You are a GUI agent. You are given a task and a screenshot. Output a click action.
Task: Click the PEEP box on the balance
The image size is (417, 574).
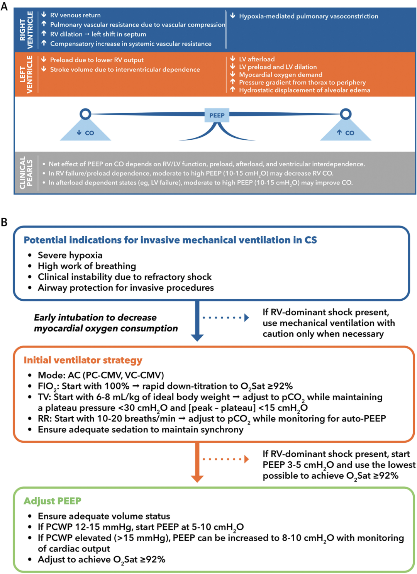(x=217, y=115)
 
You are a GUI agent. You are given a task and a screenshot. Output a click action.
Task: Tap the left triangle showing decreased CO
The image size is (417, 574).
(x=86, y=132)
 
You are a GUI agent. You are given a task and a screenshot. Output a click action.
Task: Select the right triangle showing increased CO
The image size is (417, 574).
(x=346, y=132)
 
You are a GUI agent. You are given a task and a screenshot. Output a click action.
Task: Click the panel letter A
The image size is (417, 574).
(x=4, y=7)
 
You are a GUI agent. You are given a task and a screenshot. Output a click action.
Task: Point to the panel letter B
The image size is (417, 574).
(x=4, y=222)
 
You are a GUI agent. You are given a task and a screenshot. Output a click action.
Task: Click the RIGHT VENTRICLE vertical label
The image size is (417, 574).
(x=26, y=30)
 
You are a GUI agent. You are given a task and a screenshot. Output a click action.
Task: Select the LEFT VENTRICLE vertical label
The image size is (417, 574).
(x=26, y=74)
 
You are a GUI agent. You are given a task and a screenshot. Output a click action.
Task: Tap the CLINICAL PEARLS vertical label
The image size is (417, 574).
(x=26, y=173)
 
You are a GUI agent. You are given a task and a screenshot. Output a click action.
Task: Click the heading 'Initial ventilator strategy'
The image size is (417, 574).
(x=83, y=360)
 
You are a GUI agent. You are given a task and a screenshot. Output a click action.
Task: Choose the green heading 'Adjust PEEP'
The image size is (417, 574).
(x=53, y=501)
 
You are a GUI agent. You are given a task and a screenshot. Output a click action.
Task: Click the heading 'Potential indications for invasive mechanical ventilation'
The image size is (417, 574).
(x=170, y=240)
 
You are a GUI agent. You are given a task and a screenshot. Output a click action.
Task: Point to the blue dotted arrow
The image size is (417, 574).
(x=226, y=318)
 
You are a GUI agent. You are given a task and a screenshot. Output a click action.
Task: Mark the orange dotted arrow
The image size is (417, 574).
(x=226, y=459)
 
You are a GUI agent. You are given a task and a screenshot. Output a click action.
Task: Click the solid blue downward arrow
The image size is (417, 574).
(x=197, y=320)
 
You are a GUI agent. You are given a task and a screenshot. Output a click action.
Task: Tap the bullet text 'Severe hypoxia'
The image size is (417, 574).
(x=70, y=255)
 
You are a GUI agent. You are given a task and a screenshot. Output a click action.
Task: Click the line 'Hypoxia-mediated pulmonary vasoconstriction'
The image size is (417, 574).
(x=309, y=16)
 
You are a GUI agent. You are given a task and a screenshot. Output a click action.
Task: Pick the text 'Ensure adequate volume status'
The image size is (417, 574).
(x=104, y=516)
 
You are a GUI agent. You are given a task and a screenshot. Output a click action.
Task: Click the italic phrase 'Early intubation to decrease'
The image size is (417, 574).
(x=95, y=317)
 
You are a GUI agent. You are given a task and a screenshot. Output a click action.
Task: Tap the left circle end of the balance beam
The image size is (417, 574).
(x=85, y=114)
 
